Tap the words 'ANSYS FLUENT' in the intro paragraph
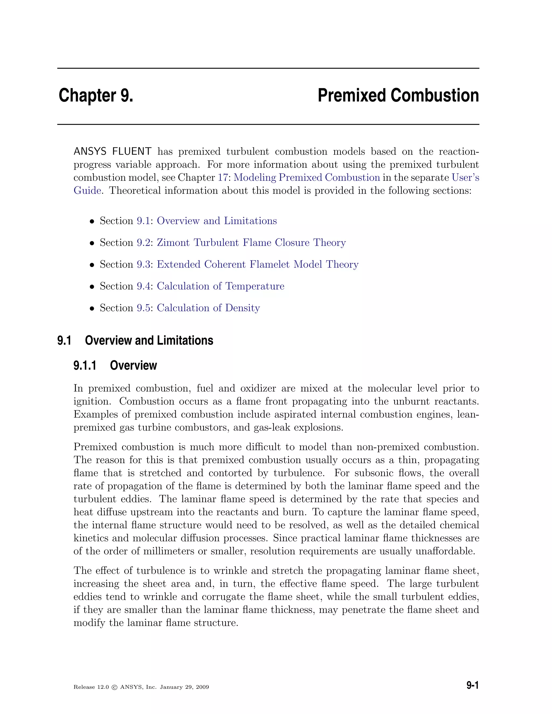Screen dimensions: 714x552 pos(112,151)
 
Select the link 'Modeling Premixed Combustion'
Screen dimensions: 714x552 pos(306,178)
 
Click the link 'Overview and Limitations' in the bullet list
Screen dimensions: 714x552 pos(216,221)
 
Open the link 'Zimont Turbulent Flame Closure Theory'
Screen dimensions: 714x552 pos(251,242)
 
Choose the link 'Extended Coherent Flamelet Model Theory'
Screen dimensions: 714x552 pos(257,265)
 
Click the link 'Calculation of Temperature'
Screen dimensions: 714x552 pos(220,286)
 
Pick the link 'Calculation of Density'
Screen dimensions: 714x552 pos(208,308)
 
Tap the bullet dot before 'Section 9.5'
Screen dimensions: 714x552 pos(92,309)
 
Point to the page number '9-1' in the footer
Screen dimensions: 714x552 pos(472,685)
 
